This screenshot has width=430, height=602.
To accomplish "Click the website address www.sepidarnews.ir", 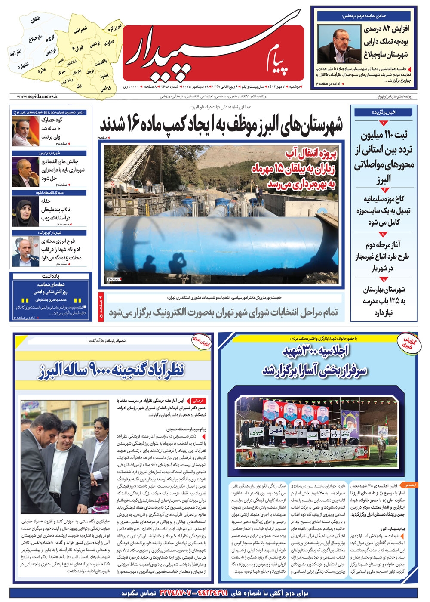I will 37,97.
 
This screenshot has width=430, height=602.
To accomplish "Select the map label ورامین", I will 106,88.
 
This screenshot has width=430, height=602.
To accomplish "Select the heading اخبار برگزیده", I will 384,112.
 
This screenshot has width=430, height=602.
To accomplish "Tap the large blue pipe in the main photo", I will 215,235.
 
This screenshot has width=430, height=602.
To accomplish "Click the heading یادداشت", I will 50,276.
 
